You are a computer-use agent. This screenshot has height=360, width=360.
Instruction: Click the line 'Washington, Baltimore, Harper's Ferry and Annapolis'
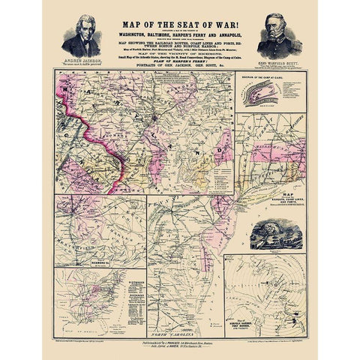(180, 33)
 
